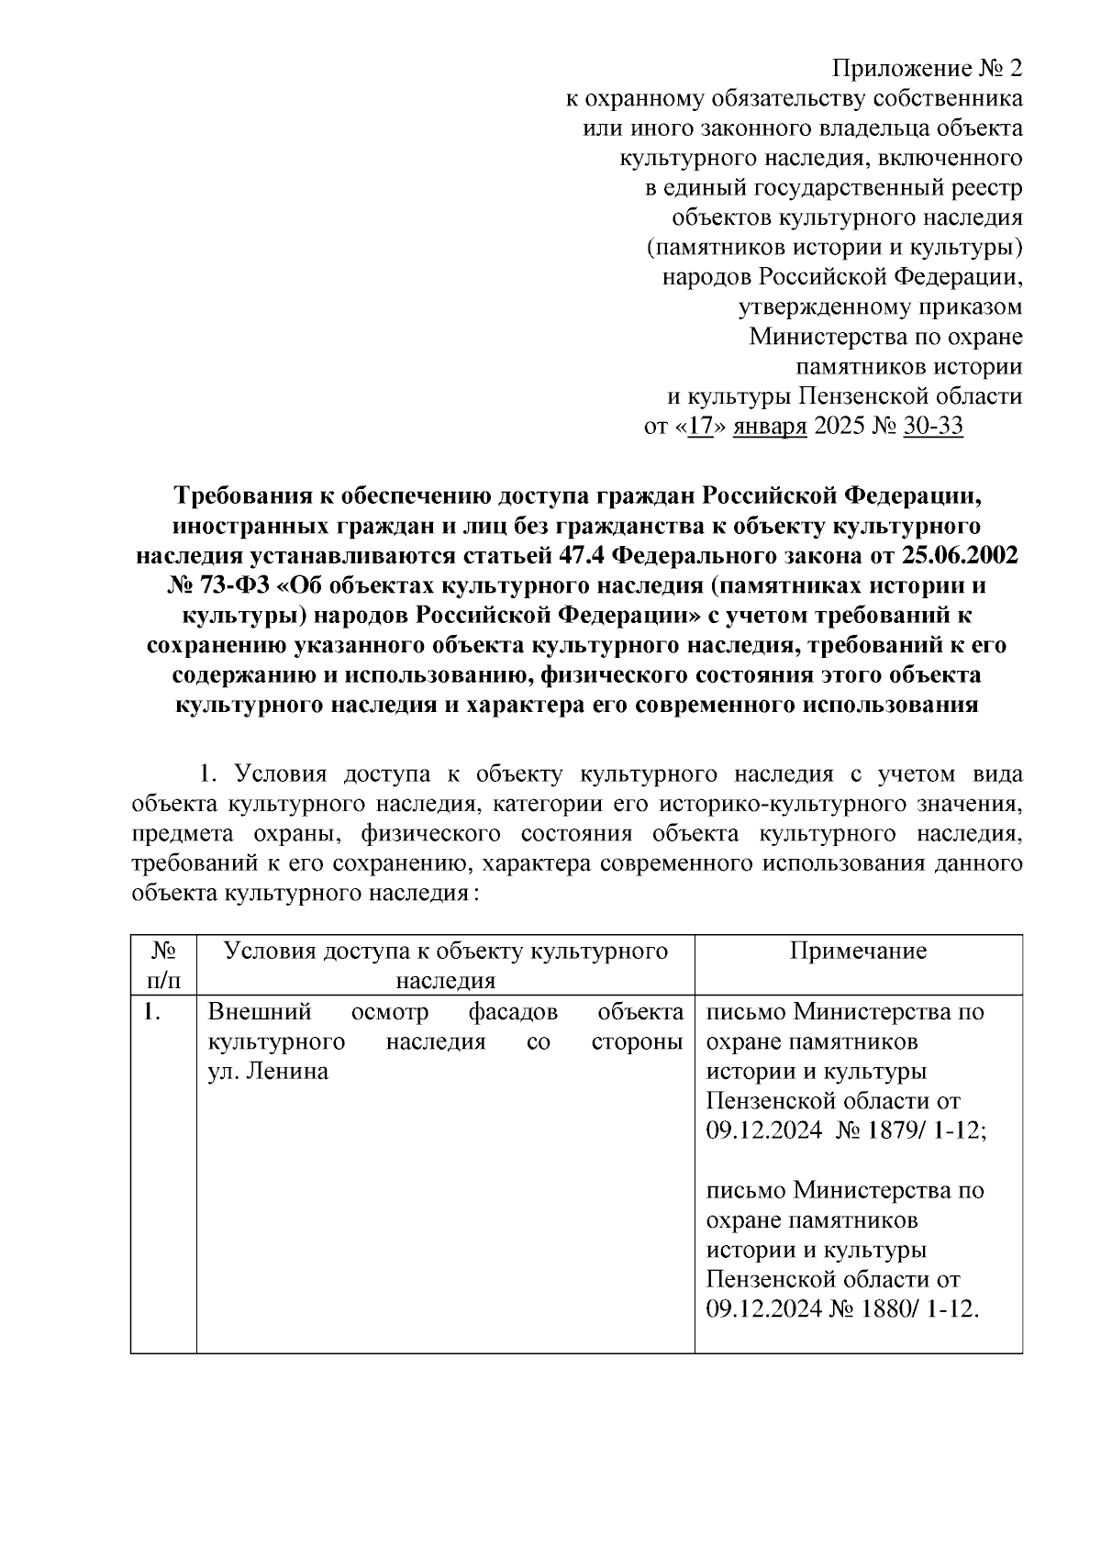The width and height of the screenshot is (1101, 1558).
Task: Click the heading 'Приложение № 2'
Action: pos(926,69)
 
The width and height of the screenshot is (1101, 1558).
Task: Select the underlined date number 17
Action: pos(699,427)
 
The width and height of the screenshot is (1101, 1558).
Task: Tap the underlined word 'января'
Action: pos(769,427)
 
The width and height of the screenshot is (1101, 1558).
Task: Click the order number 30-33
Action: pos(932,427)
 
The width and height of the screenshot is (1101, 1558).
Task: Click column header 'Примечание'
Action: pos(858,951)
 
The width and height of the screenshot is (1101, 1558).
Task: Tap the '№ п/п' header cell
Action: pos(163,965)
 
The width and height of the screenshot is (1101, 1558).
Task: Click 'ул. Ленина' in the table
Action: pos(268,1071)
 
